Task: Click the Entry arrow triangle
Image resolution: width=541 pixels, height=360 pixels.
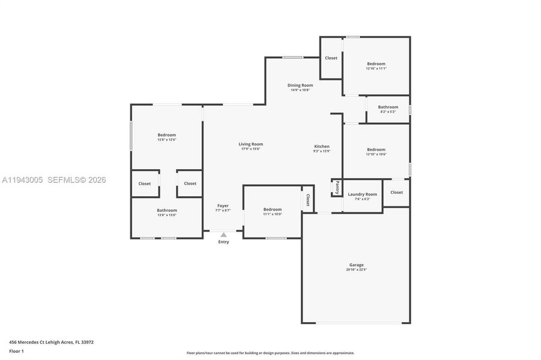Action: coord(223,235)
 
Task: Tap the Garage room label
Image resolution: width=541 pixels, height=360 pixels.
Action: coord(356,265)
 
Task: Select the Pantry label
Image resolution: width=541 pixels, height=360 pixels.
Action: coord(337,187)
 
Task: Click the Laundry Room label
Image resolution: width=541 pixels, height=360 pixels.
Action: coord(362,194)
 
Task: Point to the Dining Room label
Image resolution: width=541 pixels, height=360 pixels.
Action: coord(300,85)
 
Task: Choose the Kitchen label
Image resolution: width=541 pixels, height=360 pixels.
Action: coord(322,146)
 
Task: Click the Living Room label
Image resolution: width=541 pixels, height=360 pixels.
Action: coord(250,144)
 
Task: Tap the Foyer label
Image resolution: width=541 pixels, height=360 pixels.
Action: coord(223,206)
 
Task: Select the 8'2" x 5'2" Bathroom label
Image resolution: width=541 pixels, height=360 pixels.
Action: coord(388,107)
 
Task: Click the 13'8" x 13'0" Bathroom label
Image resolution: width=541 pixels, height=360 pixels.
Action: coord(167,210)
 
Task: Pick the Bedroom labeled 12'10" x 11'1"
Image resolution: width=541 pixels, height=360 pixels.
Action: coord(376,64)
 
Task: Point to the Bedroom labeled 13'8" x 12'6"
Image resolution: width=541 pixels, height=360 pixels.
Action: coord(167,135)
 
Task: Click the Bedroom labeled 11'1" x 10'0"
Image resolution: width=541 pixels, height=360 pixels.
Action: coord(272,209)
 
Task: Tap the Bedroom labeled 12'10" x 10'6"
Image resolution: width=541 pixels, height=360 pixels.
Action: coord(376,149)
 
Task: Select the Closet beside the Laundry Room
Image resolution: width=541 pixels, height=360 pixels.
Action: coord(396,192)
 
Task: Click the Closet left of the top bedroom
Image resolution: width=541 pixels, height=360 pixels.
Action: coord(331,58)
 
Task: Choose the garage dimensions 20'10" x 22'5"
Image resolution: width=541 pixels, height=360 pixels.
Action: coord(356,270)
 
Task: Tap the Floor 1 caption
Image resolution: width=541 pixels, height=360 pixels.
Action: coord(16,352)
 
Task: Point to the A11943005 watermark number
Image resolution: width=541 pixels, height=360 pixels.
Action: coord(22,180)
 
